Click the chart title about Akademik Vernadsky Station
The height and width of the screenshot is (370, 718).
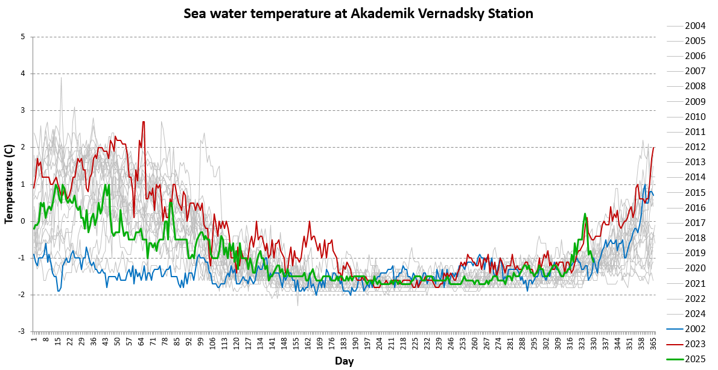[358, 13]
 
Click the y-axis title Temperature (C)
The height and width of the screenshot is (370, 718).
[8, 184]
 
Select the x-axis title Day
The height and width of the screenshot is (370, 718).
[345, 362]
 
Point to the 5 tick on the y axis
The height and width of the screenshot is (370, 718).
[22, 37]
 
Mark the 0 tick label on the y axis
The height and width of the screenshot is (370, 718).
[22, 221]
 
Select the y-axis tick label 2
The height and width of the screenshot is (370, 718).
[22, 148]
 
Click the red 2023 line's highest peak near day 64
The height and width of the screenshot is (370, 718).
[143, 122]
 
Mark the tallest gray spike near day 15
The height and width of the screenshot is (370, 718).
[61, 78]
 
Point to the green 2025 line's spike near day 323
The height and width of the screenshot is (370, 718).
[585, 213]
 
